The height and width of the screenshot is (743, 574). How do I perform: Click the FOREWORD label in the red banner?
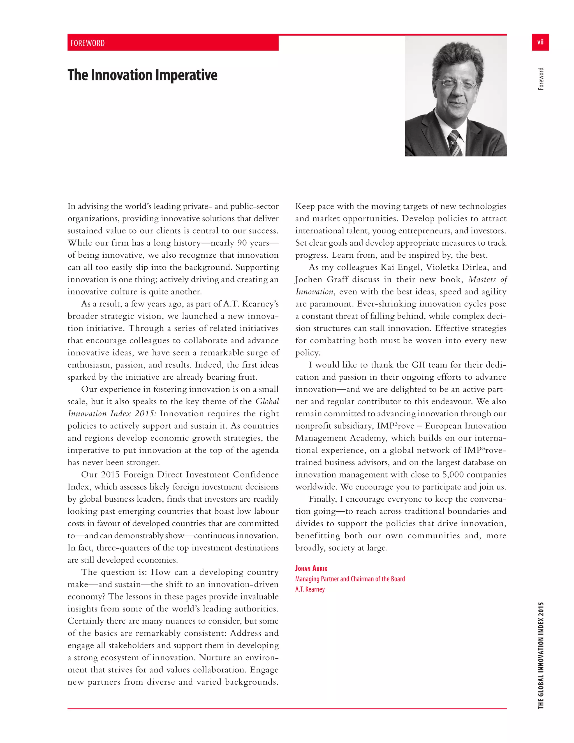(x=87, y=43)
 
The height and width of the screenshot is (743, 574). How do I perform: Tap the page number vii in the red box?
(x=540, y=42)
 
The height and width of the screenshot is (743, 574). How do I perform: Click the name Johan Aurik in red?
(x=311, y=569)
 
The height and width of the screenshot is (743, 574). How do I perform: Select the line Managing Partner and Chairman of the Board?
(x=350, y=579)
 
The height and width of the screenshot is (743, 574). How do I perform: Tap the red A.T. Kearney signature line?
(x=310, y=589)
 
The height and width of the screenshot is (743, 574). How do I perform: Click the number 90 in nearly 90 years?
(x=242, y=243)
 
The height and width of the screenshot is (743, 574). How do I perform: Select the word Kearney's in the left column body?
(x=260, y=304)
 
